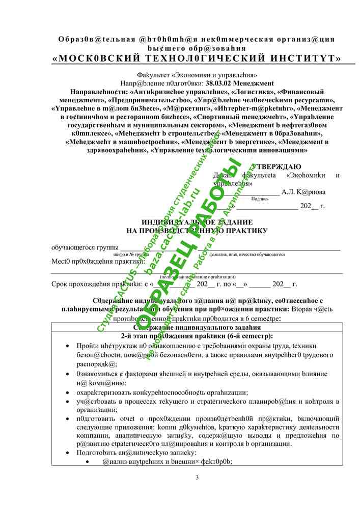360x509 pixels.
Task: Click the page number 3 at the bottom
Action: pos(197,477)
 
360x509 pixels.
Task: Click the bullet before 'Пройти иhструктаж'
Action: pos(68,346)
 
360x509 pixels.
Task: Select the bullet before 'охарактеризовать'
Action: pos(68,392)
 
